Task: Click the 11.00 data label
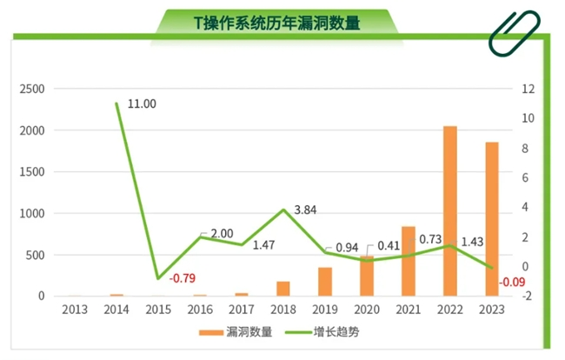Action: [x=142, y=103]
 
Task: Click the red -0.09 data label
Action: [x=513, y=282]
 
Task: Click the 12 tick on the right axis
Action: [x=525, y=89]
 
